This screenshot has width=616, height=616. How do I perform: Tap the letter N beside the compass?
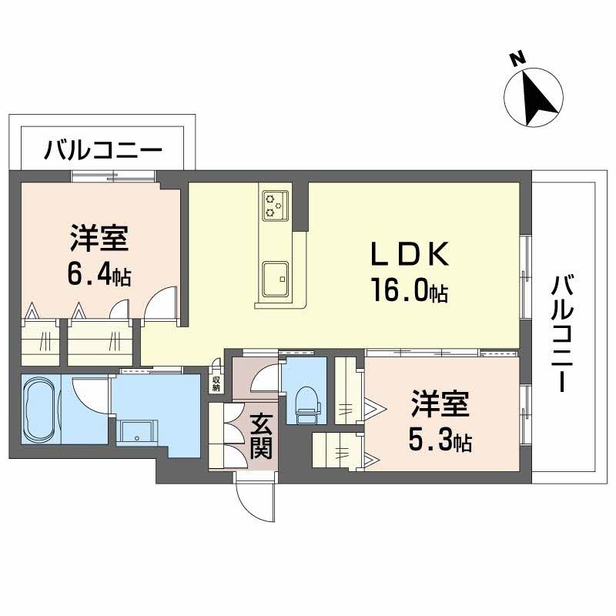point(518,58)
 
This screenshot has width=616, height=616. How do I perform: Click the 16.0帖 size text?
point(408,293)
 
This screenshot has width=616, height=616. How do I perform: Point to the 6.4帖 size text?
point(100,275)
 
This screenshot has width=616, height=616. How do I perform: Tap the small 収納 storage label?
point(217,383)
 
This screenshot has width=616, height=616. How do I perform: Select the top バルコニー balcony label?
point(102,149)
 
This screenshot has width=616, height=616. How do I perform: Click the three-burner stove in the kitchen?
point(274,204)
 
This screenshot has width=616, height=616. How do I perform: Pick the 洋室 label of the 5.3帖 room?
point(440,405)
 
